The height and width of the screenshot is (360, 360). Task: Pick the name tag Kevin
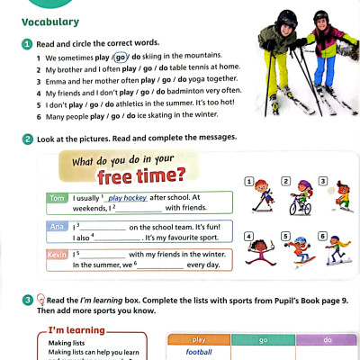tap(58, 254)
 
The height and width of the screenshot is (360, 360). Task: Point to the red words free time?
tap(141, 174)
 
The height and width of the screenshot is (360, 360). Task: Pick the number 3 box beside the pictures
tap(321, 182)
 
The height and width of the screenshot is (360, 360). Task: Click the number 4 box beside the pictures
tap(248, 236)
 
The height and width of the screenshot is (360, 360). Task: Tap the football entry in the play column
tap(198, 353)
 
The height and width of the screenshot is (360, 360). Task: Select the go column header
tap(262, 339)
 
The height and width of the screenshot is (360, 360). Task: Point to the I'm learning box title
tap(73, 329)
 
